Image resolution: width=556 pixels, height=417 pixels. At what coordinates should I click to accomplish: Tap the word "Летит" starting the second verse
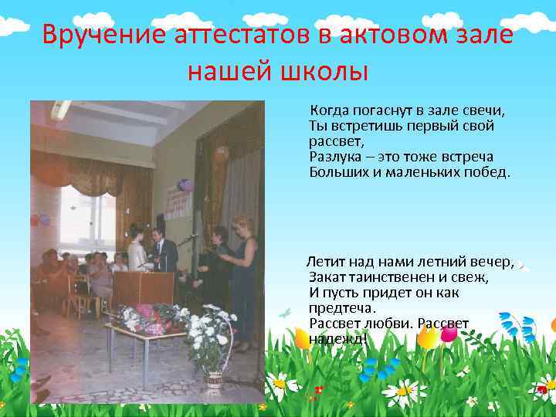click(x=328, y=262)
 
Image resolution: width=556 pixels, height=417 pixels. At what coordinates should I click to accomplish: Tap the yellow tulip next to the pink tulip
click(x=301, y=337)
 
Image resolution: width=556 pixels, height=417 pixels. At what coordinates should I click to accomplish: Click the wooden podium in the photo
click(x=142, y=286)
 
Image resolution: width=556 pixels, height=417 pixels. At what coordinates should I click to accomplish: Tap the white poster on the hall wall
click(x=178, y=202)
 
